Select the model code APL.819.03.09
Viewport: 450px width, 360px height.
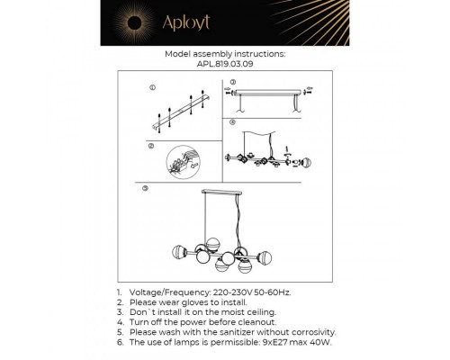(x=225, y=65)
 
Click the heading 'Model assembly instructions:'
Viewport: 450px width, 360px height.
(x=225, y=54)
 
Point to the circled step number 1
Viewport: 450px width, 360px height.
(x=152, y=88)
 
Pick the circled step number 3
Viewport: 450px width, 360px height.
(x=232, y=82)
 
